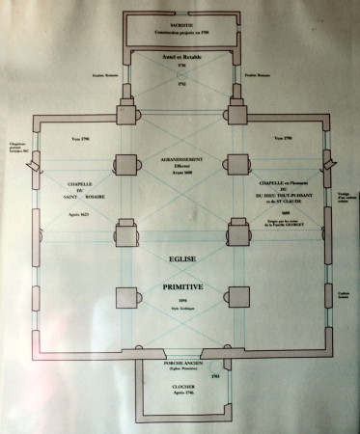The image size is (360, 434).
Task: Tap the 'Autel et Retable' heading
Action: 180,56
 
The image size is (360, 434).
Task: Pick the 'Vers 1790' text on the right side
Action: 283,138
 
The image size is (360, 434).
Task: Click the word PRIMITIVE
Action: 180,287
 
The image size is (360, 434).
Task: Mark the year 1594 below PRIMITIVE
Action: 180,301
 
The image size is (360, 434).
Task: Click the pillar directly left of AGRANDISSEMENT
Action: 127,163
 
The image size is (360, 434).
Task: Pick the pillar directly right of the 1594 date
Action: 236,297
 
